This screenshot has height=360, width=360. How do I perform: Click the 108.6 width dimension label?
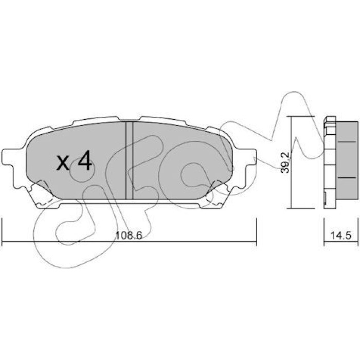point(129,236)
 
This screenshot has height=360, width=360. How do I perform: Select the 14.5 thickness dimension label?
point(341,236)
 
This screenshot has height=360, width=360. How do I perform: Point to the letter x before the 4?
point(63,163)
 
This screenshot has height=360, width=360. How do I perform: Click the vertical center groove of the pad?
point(129,160)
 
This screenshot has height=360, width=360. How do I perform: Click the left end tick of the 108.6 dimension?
point(2,232)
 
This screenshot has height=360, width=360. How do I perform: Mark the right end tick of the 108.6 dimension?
point(256,232)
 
